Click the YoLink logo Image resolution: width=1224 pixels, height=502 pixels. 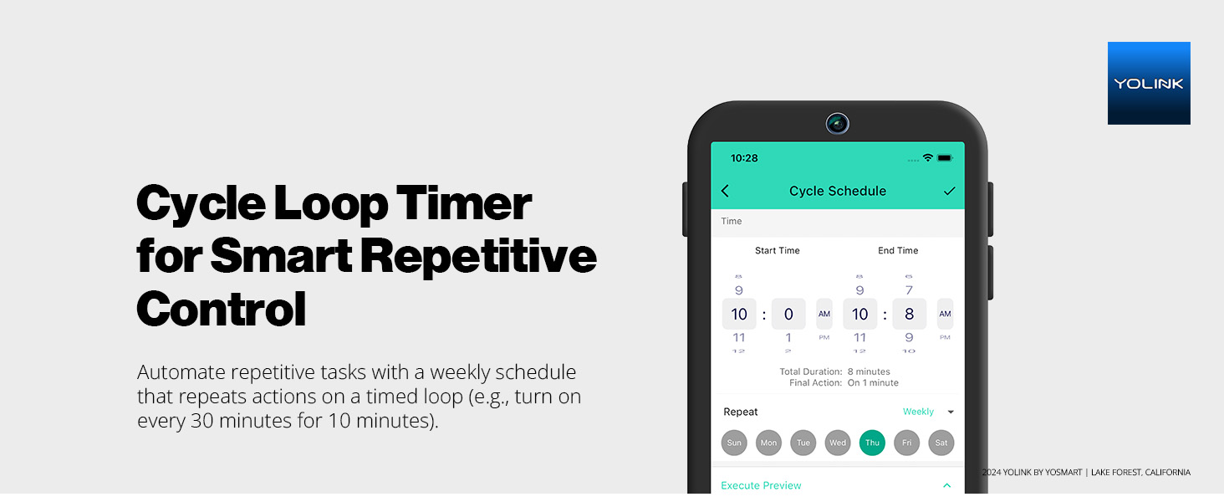pyautogui.click(x=1149, y=83)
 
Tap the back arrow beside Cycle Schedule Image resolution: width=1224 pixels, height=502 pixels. pyautogui.click(x=725, y=191)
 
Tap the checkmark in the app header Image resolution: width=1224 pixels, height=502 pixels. pyautogui.click(x=949, y=191)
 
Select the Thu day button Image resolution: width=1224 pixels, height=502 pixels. pyautogui.click(x=872, y=443)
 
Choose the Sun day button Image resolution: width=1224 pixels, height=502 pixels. pyautogui.click(x=734, y=443)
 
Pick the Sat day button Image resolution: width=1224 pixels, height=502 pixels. pyautogui.click(x=941, y=443)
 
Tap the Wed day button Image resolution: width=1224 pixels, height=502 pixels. pyautogui.click(x=838, y=443)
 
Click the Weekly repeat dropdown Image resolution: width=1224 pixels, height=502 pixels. pyautogui.click(x=927, y=412)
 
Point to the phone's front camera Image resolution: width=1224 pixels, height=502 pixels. pyautogui.click(x=837, y=124)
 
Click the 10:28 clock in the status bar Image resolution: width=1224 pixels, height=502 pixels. pyautogui.click(x=744, y=158)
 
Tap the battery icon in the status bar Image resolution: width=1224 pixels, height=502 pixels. pyautogui.click(x=945, y=158)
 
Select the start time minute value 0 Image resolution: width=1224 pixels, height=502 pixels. pyautogui.click(x=788, y=315)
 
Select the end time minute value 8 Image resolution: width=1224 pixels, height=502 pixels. pyautogui.click(x=909, y=315)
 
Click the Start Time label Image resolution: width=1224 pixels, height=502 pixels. pyautogui.click(x=778, y=250)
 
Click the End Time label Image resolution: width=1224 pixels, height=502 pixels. pyautogui.click(x=898, y=250)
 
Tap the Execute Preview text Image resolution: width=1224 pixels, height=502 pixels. pyautogui.click(x=761, y=485)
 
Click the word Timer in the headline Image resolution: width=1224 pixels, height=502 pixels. pyautogui.click(x=463, y=203)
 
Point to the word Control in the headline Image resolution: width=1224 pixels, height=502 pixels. pyautogui.click(x=222, y=308)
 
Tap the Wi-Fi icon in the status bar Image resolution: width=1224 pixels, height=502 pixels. pyautogui.click(x=927, y=158)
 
